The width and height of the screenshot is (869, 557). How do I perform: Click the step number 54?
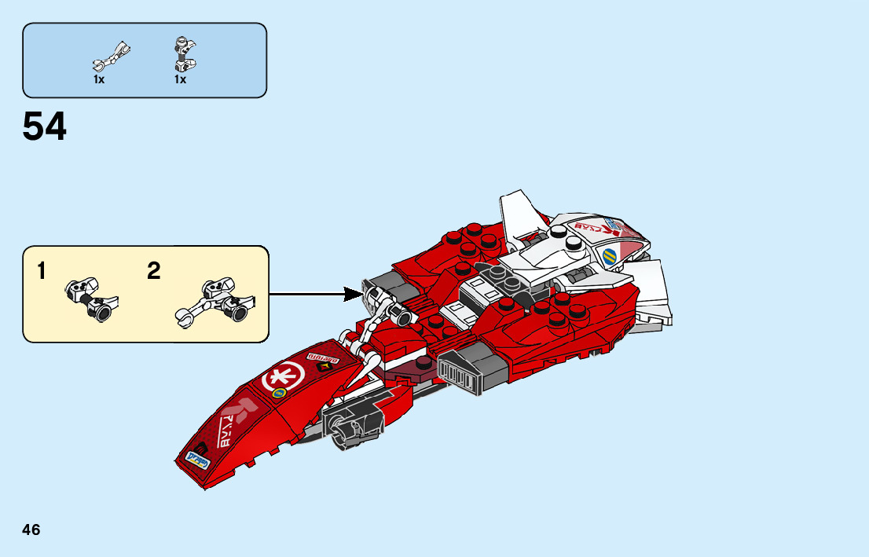point(45,127)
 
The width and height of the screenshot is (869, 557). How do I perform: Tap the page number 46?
point(31,530)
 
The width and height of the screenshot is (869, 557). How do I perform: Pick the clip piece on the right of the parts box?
point(182,53)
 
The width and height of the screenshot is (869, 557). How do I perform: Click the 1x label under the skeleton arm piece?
point(99,79)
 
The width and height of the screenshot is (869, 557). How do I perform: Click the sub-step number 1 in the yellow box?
point(42,272)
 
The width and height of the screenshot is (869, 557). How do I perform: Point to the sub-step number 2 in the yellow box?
point(154,272)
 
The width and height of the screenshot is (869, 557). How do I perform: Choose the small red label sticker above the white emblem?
point(320,359)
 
